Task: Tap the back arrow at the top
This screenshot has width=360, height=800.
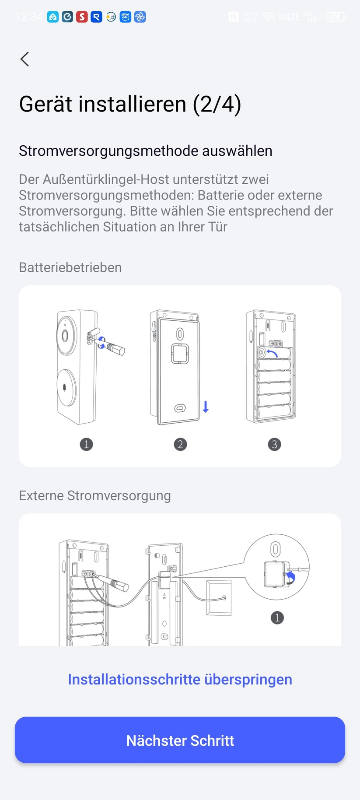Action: point(25,59)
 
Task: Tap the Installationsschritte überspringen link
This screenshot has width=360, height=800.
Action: point(180,679)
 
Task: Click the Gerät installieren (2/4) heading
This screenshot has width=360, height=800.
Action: point(130,104)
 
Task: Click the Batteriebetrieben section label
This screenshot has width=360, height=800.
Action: point(70,267)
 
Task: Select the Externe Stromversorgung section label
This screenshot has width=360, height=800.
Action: point(94,495)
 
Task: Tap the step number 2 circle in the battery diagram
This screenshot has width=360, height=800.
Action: point(180,444)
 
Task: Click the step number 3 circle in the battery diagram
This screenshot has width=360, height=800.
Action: point(274,444)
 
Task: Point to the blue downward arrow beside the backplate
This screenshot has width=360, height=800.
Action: point(206,407)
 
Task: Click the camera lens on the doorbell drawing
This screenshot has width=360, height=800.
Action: point(65,336)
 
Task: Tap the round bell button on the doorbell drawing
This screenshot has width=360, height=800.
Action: point(66,387)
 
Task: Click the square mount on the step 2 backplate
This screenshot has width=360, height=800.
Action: point(179,354)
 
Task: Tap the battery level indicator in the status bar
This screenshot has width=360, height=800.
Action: point(336,17)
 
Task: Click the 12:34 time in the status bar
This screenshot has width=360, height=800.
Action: point(29,17)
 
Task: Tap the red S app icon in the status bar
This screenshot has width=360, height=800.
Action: point(82,17)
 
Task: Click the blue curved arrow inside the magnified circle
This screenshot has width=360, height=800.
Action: point(291,579)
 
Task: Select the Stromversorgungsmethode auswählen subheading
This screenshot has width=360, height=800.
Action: point(145,151)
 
